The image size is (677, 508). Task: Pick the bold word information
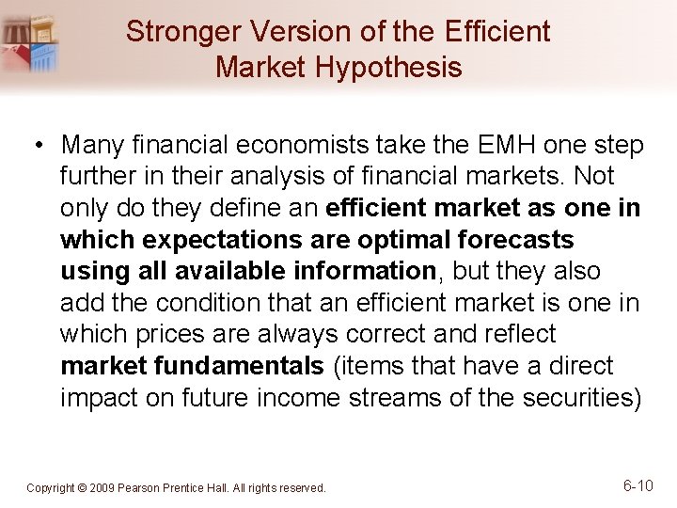click(361, 271)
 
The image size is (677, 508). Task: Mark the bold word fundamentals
click(248, 366)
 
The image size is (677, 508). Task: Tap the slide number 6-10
click(638, 485)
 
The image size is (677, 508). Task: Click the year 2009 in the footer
click(103, 488)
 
